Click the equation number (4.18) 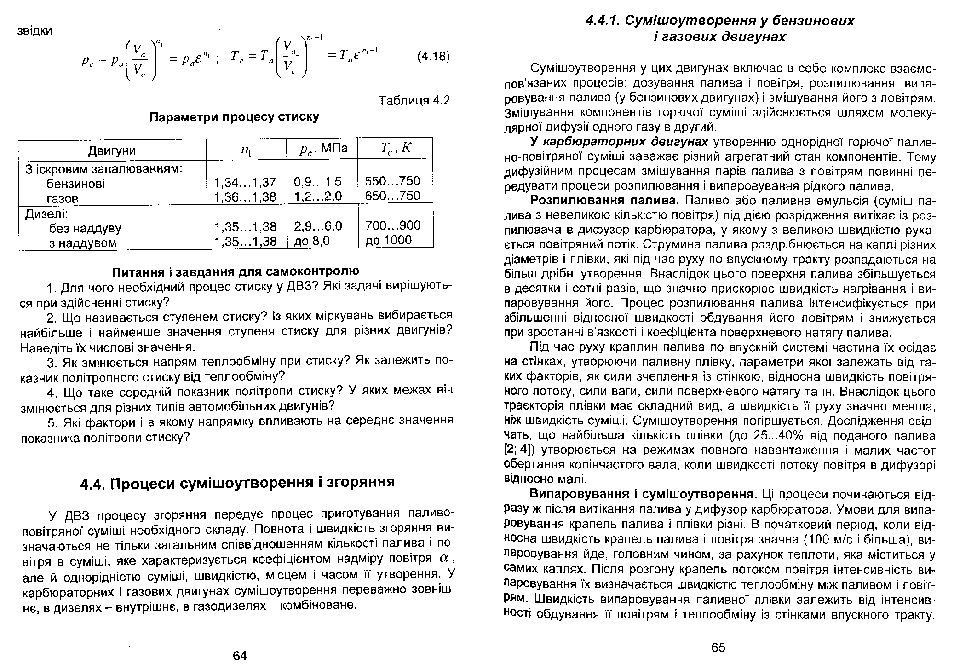[433, 57]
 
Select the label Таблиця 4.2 [414, 100]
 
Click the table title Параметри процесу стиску [235, 117]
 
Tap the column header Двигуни [112, 150]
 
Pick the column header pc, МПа [322, 149]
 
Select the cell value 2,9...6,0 [318, 226]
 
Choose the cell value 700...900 [392, 225]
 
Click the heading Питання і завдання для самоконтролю [236, 271]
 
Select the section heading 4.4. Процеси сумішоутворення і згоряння [237, 482]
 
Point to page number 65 [718, 647]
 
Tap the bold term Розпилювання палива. [604, 201]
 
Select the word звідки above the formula [35, 31]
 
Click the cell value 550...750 [392, 181]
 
